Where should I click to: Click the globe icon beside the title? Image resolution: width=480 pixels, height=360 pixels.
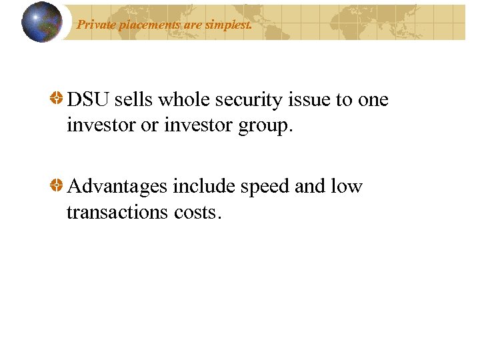pos(42,22)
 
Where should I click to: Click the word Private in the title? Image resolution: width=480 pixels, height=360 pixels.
pos(93,25)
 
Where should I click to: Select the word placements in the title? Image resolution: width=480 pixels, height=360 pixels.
pos(145,25)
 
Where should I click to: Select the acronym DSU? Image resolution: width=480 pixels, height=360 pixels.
pos(88,100)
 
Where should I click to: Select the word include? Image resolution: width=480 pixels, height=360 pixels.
pos(203,186)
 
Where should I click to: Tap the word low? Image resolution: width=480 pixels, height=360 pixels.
pos(346,186)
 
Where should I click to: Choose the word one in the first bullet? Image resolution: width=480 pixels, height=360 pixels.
pos(373,101)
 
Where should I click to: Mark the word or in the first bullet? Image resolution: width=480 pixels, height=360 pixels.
pos(149,126)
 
